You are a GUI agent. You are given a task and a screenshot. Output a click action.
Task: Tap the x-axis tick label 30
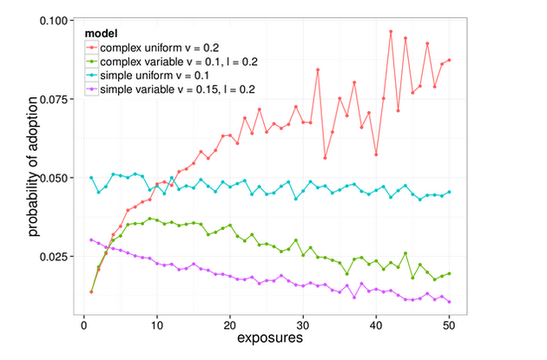(303, 325)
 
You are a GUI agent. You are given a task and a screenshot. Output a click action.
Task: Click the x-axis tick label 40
(376, 325)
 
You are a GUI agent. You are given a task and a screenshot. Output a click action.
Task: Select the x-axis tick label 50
(450, 325)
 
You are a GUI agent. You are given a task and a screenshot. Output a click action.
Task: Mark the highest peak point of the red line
(391, 31)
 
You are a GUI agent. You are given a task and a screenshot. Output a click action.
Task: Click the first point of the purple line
(91, 240)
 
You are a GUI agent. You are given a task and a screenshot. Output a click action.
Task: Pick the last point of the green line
(450, 273)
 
